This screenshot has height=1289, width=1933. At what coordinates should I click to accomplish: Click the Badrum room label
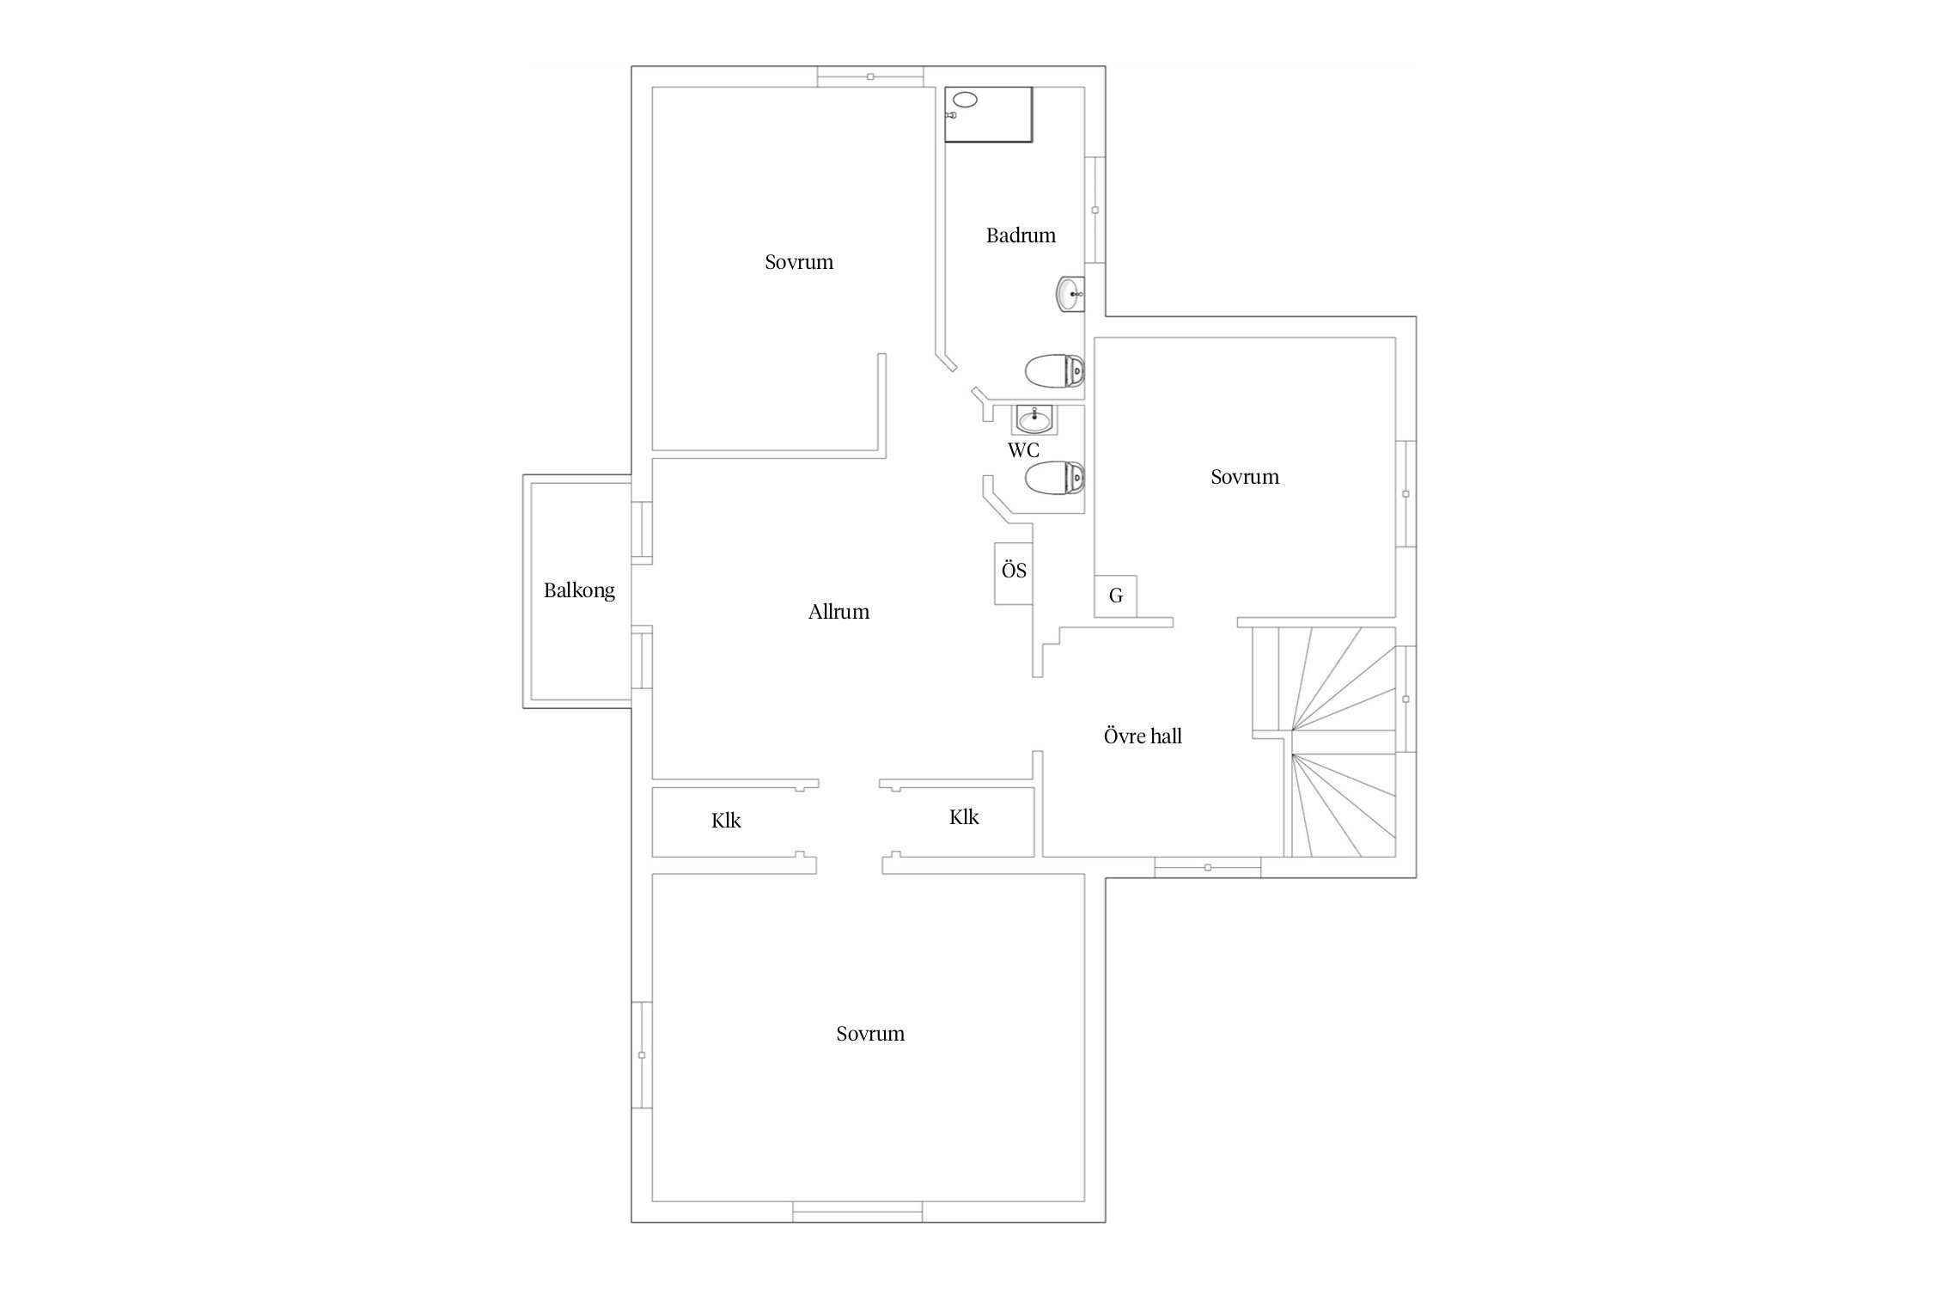pos(1021,235)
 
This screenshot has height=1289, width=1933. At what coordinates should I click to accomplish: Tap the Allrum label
pos(838,612)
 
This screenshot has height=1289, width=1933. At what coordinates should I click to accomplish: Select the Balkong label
pos(579,591)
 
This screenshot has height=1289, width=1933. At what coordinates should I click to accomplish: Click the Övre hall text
pos(1143,736)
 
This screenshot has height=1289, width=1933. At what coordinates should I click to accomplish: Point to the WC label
pos(1023,450)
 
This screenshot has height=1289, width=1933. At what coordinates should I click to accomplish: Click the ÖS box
pos(1014,573)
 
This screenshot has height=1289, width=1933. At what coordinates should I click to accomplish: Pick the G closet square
pos(1116,596)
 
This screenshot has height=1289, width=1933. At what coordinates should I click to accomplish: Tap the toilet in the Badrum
pos(1055,371)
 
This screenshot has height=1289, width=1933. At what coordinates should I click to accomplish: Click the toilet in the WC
pos(1055,477)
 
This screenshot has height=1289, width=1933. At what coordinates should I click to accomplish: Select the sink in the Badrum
pos(1070,296)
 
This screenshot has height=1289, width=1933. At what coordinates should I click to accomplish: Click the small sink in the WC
pos(1034,420)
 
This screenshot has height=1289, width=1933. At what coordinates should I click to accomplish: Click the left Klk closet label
pos(726,821)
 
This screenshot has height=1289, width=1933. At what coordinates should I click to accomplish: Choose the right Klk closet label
pos(964,817)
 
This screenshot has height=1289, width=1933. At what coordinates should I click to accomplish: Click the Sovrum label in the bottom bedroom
pos(870,1034)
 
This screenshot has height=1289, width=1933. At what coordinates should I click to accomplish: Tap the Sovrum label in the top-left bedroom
pos(799,262)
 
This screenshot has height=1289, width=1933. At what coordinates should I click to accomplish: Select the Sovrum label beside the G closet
pos(1245,477)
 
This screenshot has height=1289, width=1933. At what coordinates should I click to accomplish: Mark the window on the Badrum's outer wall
pos(1095,210)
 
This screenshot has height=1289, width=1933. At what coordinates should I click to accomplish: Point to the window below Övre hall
pos(1208,867)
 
